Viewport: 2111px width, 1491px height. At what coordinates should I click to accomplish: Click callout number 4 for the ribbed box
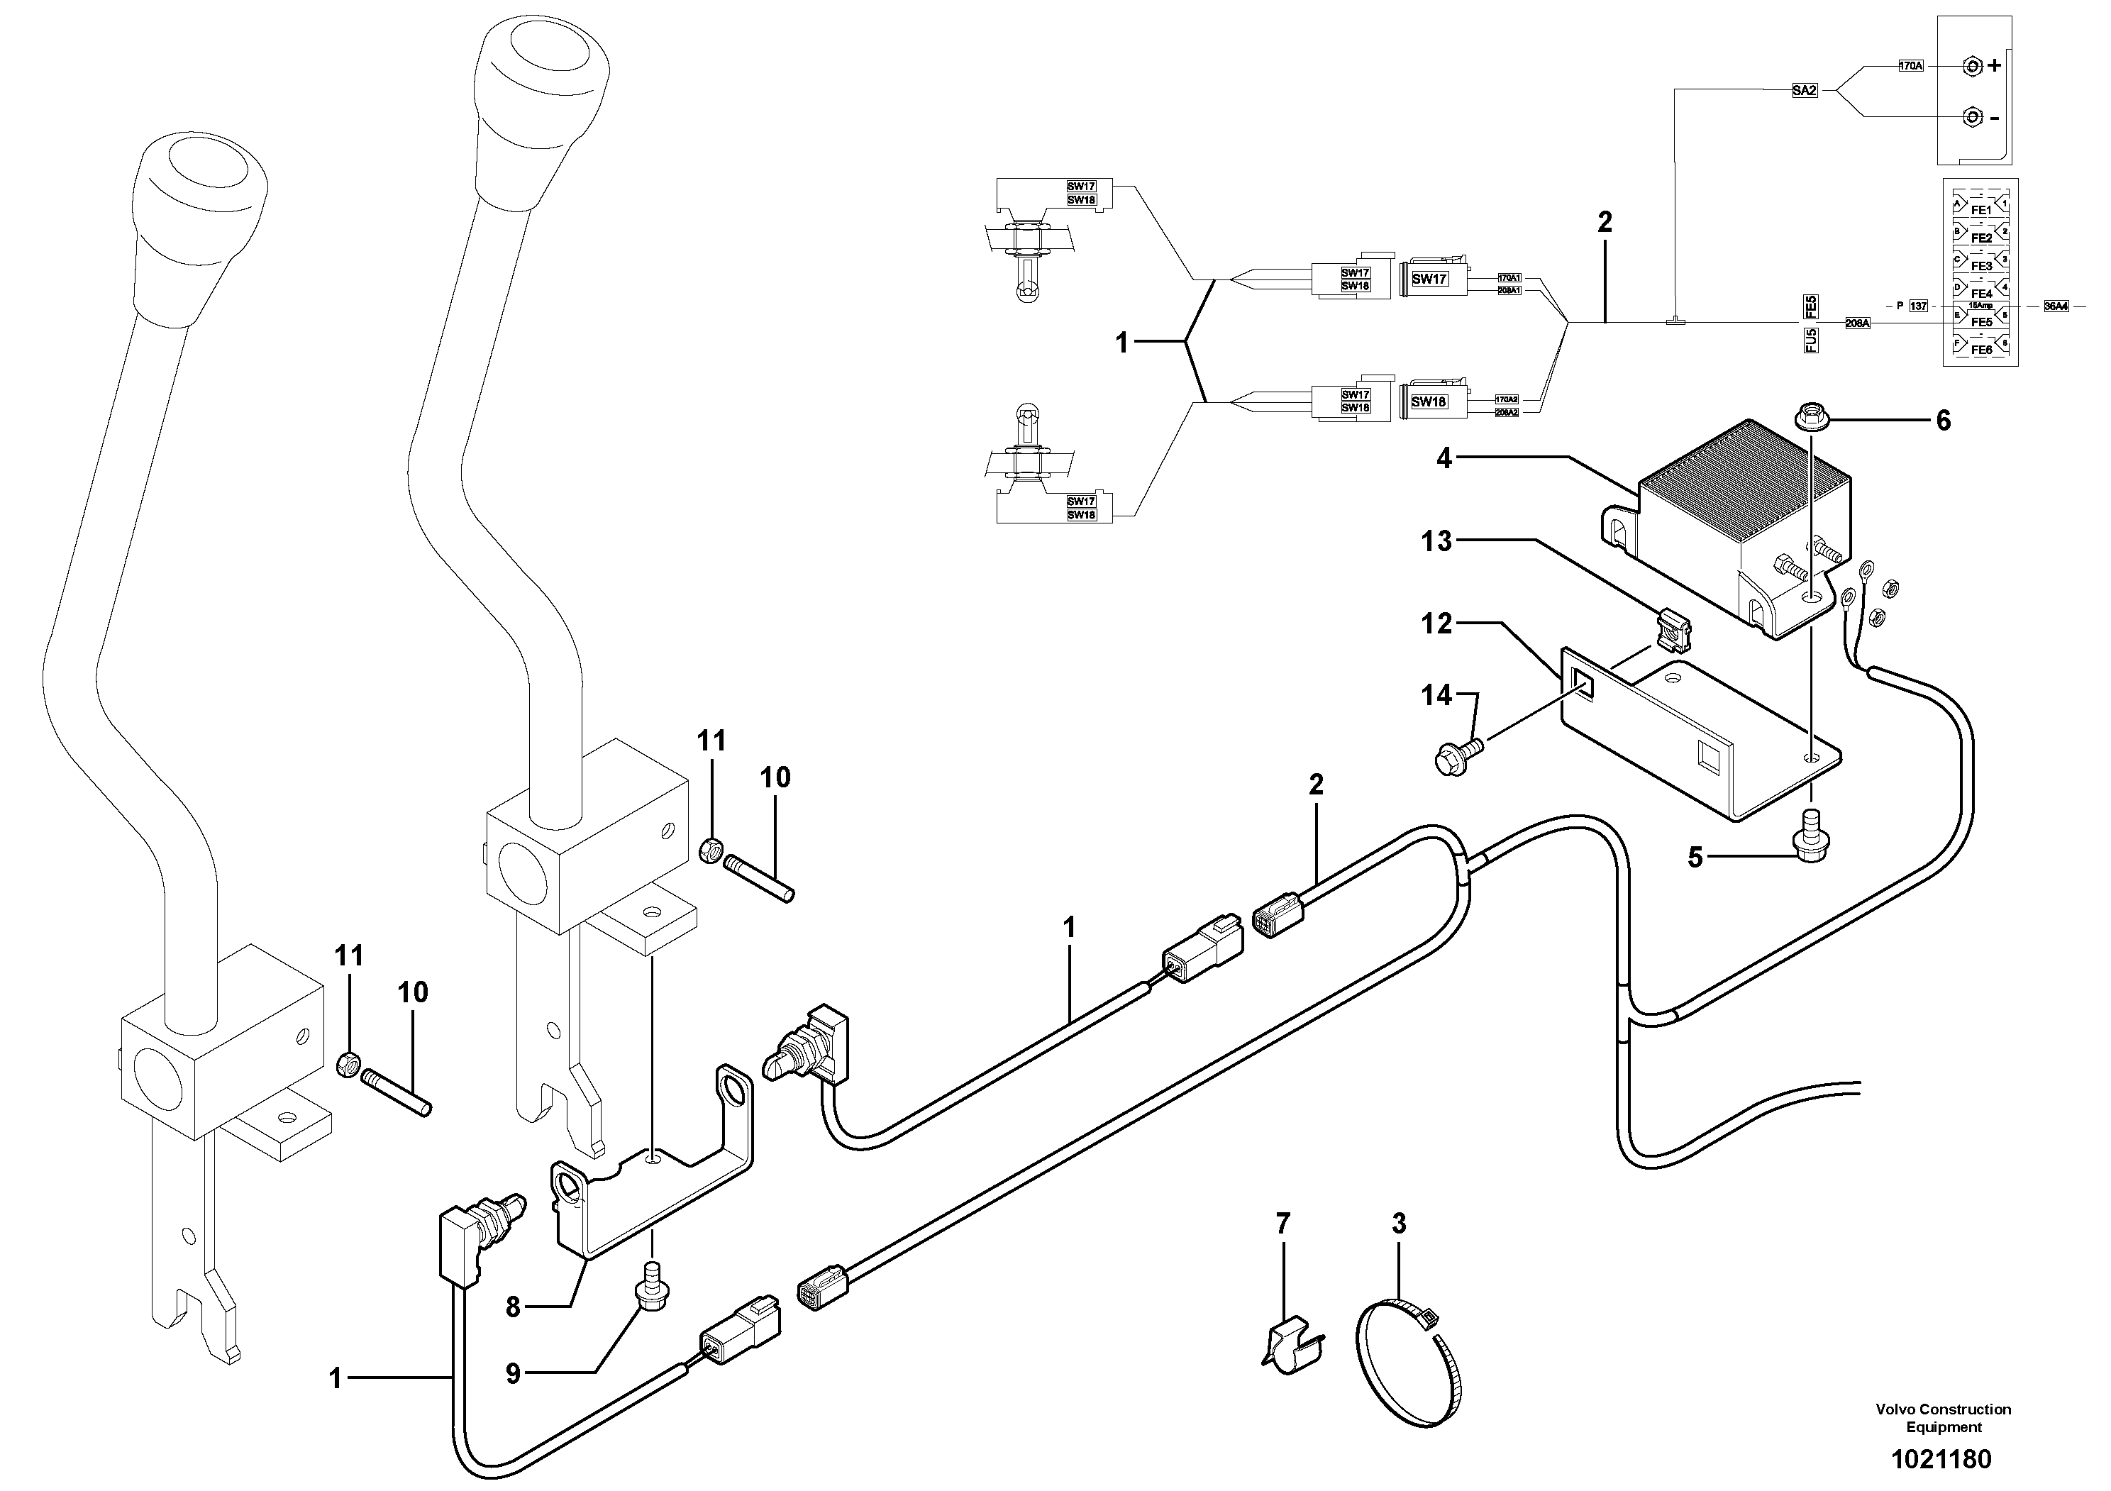click(x=1444, y=458)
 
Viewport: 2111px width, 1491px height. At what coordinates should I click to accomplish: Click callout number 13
click(x=1436, y=541)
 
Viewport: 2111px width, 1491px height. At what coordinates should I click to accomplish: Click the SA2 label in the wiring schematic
click(x=1805, y=91)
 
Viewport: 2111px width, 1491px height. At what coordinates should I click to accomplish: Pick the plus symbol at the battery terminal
click(x=1987, y=66)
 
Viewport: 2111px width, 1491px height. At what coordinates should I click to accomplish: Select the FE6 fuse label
click(x=1980, y=349)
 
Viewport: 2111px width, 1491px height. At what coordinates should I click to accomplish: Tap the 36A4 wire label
click(x=2056, y=306)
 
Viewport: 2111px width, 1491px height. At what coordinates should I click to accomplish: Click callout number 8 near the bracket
click(x=513, y=1307)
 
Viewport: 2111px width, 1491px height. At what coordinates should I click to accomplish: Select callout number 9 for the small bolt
click(x=513, y=1373)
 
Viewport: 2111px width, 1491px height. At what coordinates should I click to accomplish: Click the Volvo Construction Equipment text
click(x=1943, y=1417)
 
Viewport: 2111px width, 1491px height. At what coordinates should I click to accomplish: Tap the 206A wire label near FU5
click(x=1857, y=323)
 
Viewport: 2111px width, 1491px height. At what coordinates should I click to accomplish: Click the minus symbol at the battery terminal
click(x=1987, y=118)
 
